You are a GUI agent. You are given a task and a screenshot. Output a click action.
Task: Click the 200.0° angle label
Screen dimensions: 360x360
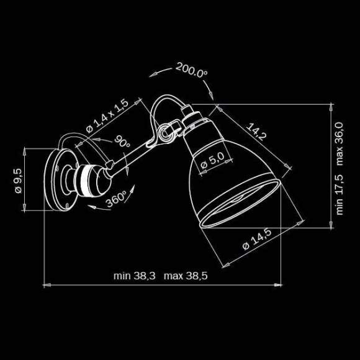[x=191, y=70]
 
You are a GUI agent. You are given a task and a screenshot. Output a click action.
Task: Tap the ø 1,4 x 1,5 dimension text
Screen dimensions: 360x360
[x=106, y=115]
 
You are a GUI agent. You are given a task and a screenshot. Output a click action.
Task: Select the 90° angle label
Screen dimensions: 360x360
[x=122, y=141]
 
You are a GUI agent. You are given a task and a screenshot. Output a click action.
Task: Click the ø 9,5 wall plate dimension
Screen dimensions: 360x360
[x=18, y=180]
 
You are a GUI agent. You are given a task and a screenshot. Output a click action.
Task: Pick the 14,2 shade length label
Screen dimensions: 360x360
[x=256, y=132]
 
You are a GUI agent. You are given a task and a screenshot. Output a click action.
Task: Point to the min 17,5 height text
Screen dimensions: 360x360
[x=340, y=194]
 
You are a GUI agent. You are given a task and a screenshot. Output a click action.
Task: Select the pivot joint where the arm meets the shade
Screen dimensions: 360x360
[x=164, y=132]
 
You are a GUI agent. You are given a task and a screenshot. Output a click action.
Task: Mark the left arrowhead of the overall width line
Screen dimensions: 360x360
[x=45, y=285]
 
